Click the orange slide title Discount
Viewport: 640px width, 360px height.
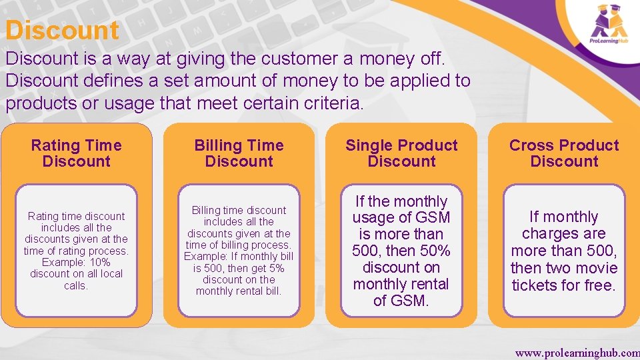coord(62,31)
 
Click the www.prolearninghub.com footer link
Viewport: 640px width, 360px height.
coord(577,351)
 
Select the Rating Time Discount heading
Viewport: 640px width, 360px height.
coord(77,153)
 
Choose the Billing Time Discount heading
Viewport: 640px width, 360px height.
coord(239,153)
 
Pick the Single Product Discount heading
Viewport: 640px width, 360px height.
coord(401,153)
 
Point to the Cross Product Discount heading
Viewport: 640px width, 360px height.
coord(564,153)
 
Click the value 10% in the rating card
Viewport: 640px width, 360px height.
coord(98,262)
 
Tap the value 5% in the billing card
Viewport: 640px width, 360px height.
coord(275,268)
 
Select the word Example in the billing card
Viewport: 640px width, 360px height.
coord(205,257)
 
